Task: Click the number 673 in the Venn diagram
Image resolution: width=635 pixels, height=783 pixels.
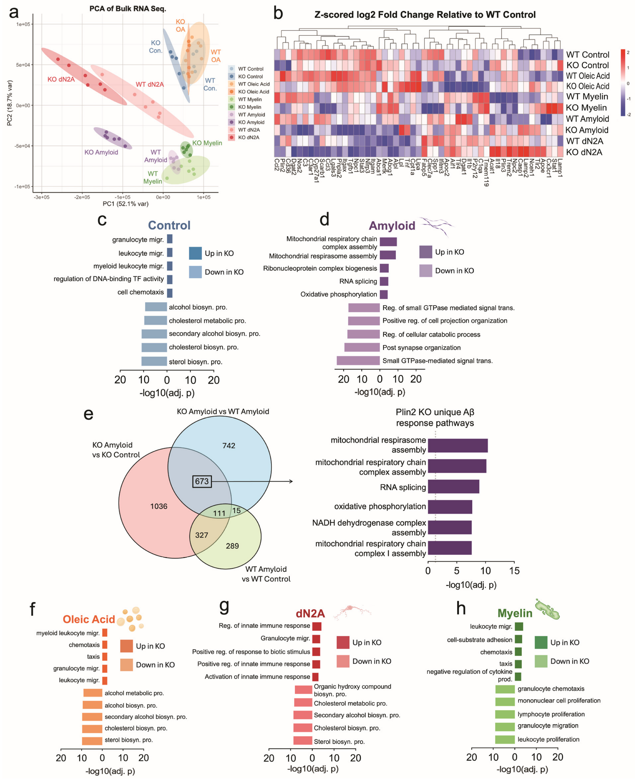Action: coord(202,481)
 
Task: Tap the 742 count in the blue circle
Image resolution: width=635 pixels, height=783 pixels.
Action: coord(229,445)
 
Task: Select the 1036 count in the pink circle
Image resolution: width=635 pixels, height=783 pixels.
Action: coord(158,506)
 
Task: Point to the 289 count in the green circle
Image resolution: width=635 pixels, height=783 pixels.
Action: coord(232,546)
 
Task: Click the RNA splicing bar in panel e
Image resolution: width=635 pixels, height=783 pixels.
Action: coord(453,487)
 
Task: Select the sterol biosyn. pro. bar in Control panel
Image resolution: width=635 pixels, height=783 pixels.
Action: coord(154,361)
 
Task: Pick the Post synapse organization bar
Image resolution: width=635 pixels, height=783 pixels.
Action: coord(362,348)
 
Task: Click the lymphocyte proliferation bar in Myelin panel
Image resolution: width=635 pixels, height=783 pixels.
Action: coord(505,714)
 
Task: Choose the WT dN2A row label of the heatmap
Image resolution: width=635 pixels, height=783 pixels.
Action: coord(584,141)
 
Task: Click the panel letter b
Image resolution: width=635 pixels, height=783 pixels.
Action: coord(278,14)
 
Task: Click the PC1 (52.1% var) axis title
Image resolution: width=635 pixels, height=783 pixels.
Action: coord(126,204)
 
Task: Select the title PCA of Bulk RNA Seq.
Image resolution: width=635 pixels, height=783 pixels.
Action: coord(128,8)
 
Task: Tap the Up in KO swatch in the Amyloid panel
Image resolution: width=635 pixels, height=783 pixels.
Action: coord(426,252)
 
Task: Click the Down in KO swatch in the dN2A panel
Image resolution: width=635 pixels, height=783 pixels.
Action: coord(343,661)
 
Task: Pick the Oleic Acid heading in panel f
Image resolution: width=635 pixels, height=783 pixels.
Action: coord(89,619)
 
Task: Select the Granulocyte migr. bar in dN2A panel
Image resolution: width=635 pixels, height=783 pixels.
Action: coord(316,639)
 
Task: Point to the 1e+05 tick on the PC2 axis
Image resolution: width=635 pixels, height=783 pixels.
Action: coord(23,24)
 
